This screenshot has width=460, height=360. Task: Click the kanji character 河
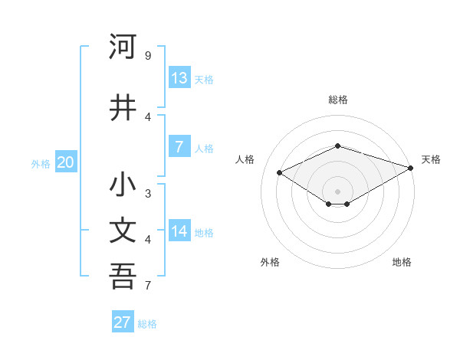[123, 47]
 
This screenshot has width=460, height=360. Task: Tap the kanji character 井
[123, 106]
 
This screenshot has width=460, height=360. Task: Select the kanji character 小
[123, 186]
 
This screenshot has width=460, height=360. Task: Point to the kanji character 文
[123, 231]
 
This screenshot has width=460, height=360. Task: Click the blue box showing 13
[179, 78]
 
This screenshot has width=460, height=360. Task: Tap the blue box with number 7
[179, 147]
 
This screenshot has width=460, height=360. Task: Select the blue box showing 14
[179, 231]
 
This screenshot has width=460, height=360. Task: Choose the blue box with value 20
[65, 162]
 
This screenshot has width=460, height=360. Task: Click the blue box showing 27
[123, 322]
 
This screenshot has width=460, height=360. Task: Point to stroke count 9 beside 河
[147, 56]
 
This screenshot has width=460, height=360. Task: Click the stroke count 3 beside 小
[147, 193]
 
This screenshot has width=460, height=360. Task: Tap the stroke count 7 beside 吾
[147, 286]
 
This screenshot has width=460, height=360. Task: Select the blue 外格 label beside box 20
[41, 164]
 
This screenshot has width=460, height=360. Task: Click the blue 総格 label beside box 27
[147, 324]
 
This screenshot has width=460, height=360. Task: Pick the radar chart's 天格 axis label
[431, 159]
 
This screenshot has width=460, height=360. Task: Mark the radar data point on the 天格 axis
[412, 168]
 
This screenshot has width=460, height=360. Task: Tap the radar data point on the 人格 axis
[280, 173]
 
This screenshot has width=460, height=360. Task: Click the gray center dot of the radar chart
[337, 191]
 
